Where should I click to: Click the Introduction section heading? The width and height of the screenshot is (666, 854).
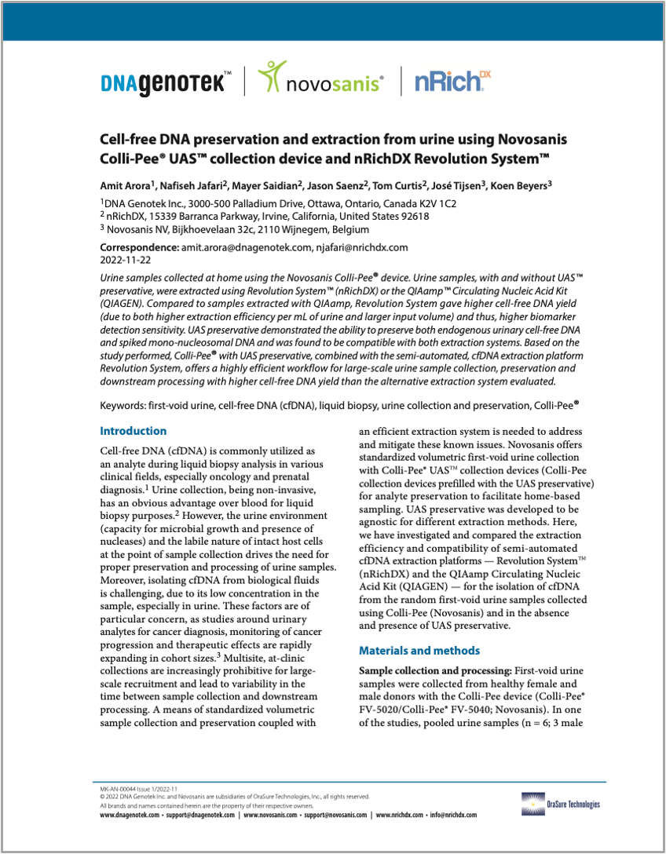(x=134, y=431)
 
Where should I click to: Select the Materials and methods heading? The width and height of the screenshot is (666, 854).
(x=419, y=651)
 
